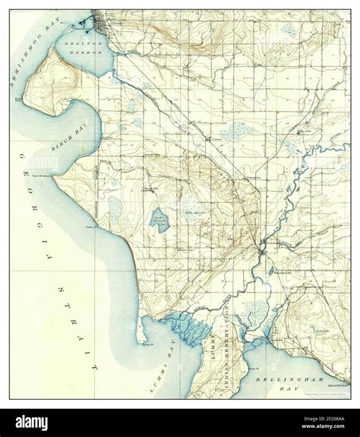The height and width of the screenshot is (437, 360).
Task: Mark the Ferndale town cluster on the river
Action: point(262,247)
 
